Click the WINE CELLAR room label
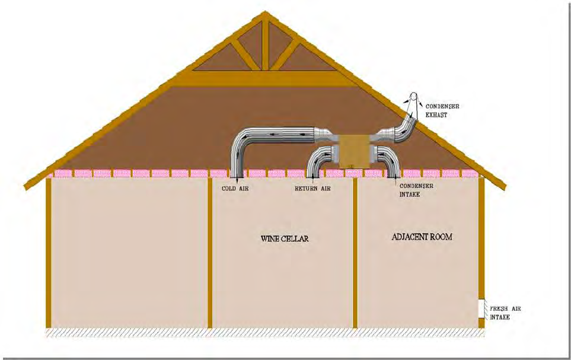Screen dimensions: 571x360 click(285, 239)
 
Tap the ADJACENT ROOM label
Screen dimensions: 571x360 click(422, 237)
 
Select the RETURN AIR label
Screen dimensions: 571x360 click(312, 188)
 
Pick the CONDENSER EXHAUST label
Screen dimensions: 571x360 click(442, 110)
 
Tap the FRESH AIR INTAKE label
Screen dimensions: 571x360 click(505, 313)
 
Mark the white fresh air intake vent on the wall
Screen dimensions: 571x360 click(482, 308)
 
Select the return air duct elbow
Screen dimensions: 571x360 click(319, 158)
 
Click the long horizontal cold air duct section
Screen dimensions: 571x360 click(285, 136)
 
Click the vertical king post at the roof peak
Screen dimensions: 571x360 click(265, 44)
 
